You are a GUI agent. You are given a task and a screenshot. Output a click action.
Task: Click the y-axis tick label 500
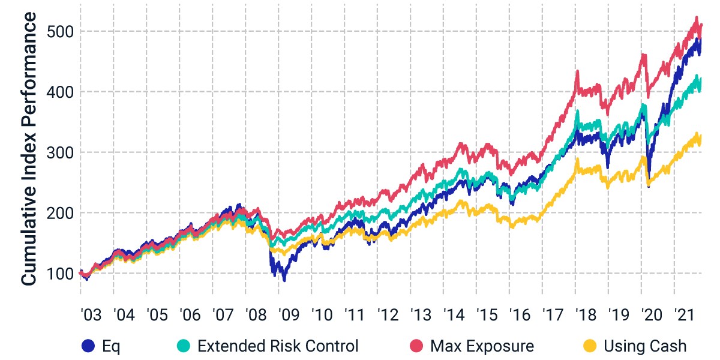(x=60, y=32)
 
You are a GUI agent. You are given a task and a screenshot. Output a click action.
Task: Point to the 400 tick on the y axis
(x=60, y=92)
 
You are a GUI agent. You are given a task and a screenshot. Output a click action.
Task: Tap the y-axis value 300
(x=60, y=152)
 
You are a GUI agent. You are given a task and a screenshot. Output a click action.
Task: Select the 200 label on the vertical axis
(x=60, y=213)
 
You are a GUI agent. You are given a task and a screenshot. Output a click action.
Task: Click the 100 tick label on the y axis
(x=60, y=274)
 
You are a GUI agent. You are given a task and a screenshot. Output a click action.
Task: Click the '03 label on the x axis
(x=91, y=314)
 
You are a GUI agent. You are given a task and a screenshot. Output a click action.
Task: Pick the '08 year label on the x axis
(x=256, y=314)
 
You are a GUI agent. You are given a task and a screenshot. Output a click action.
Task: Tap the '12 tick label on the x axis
(x=388, y=314)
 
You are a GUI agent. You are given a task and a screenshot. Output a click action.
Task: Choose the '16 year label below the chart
(x=520, y=314)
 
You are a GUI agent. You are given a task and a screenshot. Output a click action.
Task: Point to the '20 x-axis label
(x=652, y=314)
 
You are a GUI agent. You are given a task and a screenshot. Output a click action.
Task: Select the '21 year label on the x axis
(x=685, y=314)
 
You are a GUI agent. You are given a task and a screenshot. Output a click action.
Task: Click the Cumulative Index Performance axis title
(x=28, y=149)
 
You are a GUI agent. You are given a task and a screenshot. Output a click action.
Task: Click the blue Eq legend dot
(x=88, y=346)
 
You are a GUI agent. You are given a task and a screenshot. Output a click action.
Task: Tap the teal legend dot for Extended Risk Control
(x=184, y=346)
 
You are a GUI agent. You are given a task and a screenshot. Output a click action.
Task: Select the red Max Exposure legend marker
(x=416, y=346)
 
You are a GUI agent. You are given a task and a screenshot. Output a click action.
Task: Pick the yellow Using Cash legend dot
(x=589, y=346)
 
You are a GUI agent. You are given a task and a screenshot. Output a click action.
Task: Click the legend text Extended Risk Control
(x=278, y=346)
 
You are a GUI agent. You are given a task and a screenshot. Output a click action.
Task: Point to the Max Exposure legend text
(x=482, y=346)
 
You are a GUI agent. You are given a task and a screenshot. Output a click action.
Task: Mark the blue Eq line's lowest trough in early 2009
(x=284, y=281)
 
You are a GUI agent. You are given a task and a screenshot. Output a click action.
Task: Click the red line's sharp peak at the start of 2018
(x=578, y=71)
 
